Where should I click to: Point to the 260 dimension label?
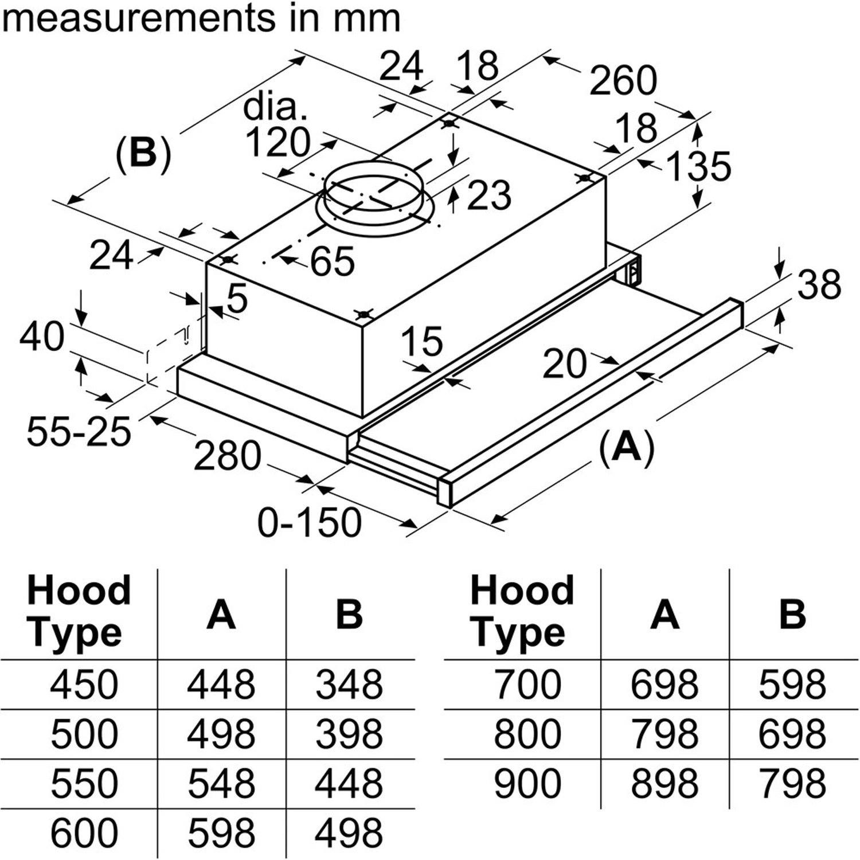tap(623, 81)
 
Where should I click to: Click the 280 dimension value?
tap(227, 456)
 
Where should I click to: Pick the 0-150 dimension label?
tap(310, 522)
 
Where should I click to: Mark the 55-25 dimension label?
tap(79, 431)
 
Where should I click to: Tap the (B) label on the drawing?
tap(143, 154)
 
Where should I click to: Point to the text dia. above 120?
tap(275, 107)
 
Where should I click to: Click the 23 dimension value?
tap(488, 195)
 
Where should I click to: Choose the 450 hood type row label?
tap(84, 685)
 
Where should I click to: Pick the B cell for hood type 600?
tap(349, 833)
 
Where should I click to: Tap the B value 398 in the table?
tap(349, 734)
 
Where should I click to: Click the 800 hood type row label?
tap(527, 734)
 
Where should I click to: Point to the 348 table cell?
tap(349, 685)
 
